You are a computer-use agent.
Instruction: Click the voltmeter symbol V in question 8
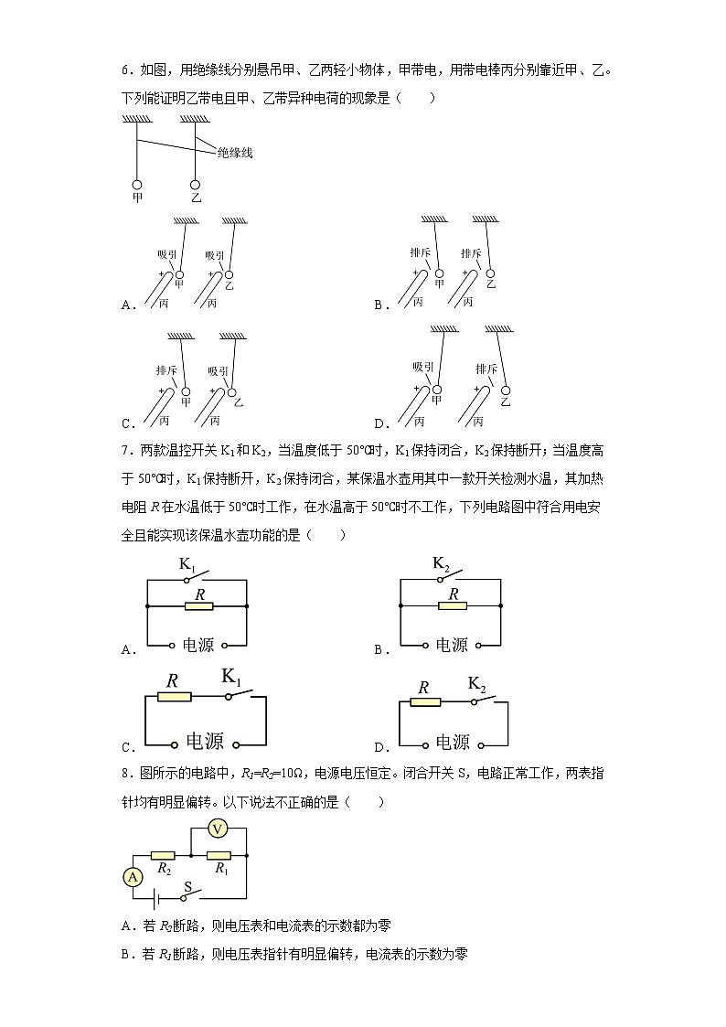[218, 829]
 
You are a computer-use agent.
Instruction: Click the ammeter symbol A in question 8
[133, 877]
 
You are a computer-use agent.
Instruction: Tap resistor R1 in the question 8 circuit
[219, 855]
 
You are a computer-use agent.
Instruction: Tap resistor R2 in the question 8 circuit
[163, 855]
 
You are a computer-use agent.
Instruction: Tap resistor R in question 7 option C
[174, 697]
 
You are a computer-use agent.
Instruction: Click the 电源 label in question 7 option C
[205, 742]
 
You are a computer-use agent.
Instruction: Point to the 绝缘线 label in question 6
[235, 153]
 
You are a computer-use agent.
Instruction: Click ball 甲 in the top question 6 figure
[137, 186]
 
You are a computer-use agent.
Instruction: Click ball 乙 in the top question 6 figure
[195, 186]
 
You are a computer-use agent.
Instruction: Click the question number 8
[125, 774]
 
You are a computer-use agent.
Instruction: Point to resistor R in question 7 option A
[199, 606]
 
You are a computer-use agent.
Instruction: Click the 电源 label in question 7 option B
[452, 645]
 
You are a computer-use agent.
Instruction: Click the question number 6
[125, 70]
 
